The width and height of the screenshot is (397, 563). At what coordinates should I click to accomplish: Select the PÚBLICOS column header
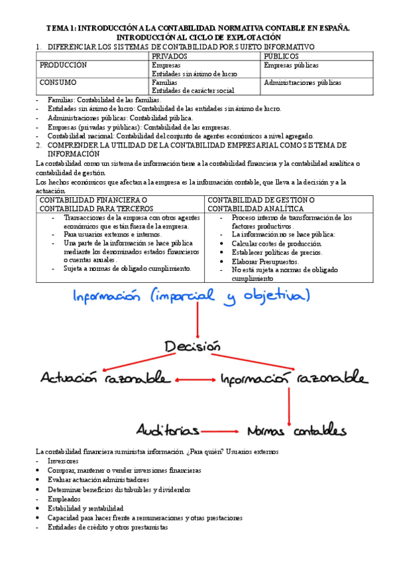(x=281, y=56)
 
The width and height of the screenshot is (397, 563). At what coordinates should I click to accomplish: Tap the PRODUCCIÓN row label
(x=63, y=66)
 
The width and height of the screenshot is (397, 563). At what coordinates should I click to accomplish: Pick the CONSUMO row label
(x=58, y=82)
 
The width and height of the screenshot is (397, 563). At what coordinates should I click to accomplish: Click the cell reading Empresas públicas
(x=291, y=66)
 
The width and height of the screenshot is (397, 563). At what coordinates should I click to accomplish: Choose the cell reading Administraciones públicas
(x=302, y=83)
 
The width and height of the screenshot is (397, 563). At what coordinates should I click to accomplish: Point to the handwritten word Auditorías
(x=169, y=429)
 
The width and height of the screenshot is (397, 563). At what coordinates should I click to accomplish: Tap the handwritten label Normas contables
(x=296, y=429)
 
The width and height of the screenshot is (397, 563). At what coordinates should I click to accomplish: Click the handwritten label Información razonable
(x=293, y=378)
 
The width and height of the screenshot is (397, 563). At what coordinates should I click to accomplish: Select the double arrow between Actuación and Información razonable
(x=196, y=380)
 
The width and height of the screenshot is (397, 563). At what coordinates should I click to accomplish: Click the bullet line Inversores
(x=62, y=461)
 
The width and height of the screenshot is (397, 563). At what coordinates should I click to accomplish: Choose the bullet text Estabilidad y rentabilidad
(x=85, y=508)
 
